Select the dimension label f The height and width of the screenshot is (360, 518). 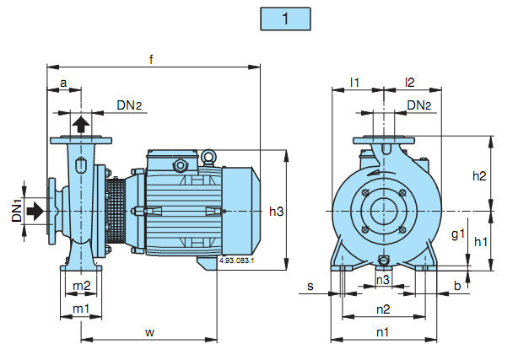point(151,59)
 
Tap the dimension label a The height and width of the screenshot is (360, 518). point(63,83)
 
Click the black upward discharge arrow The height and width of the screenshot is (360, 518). point(80,126)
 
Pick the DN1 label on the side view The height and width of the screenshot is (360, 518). point(17,210)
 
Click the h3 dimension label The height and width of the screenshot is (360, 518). point(277,211)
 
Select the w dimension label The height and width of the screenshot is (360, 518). point(149,331)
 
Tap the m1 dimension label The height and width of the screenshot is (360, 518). point(81,309)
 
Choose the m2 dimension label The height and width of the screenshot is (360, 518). point(81,287)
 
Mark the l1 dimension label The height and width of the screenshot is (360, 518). point(355,83)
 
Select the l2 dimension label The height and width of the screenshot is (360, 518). point(411,83)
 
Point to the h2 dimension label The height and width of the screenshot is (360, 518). point(479,175)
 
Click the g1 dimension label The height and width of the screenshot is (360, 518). point(457,234)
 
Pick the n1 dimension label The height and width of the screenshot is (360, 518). point(382,331)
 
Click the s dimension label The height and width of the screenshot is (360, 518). point(310,287)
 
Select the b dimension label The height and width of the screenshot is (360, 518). point(456,287)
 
